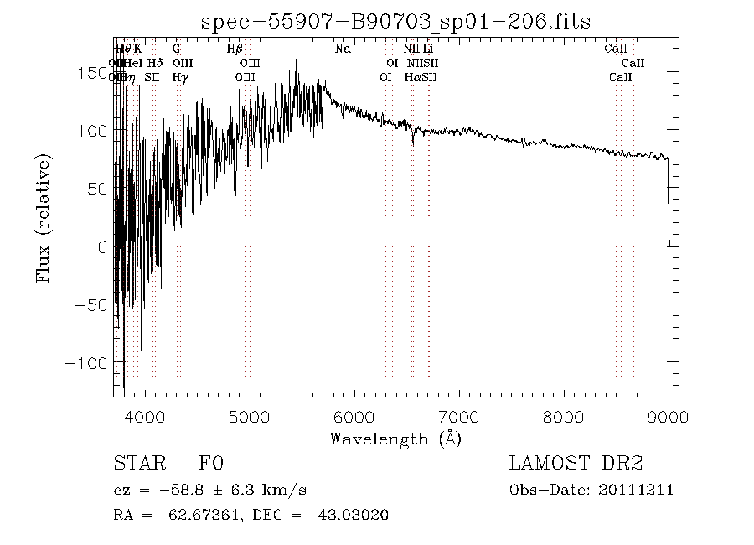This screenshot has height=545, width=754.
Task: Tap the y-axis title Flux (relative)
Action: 44,217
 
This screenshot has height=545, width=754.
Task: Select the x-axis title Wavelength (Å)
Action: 395,438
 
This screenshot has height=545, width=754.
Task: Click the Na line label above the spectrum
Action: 343,49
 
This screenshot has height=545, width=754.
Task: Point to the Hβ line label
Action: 235,49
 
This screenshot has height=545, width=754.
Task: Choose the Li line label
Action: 427,49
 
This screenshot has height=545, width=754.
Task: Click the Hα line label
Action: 411,77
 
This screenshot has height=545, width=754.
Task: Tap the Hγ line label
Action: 179,77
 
